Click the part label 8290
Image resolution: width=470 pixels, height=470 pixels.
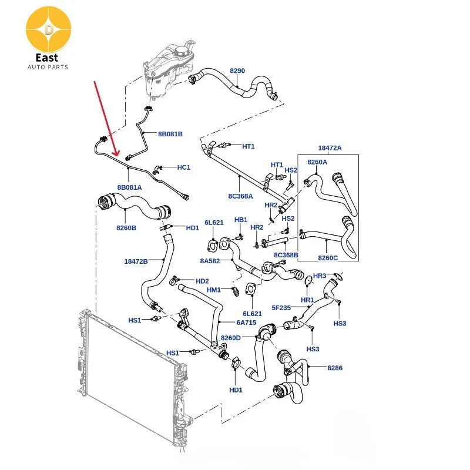tap(237, 70)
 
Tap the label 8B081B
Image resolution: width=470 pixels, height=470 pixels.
tap(170, 134)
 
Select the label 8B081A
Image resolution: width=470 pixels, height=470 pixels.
tap(129, 187)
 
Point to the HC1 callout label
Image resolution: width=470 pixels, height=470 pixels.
tap(184, 167)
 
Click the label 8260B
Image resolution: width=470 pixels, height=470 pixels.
tap(126, 228)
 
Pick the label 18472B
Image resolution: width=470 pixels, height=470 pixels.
tap(136, 261)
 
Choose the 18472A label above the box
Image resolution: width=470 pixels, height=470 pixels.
tap(330, 148)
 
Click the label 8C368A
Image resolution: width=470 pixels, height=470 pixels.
tap(241, 196)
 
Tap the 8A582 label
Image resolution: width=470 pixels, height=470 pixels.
tap(210, 261)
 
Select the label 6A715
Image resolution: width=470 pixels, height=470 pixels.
tap(246, 323)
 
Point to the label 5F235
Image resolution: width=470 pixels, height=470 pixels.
tap(281, 308)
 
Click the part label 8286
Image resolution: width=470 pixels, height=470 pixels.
tap(335, 368)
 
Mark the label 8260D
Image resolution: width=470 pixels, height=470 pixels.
tap(231, 338)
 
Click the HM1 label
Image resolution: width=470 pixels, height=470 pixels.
tap(214, 290)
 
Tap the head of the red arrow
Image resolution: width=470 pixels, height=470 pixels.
tap(115, 155)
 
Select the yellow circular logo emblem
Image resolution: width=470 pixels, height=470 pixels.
tap(49, 29)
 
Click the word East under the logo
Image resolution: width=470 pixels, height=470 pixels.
tap(47, 58)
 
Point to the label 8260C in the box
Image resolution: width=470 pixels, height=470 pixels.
tap(328, 258)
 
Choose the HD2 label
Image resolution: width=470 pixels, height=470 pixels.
tap(202, 281)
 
